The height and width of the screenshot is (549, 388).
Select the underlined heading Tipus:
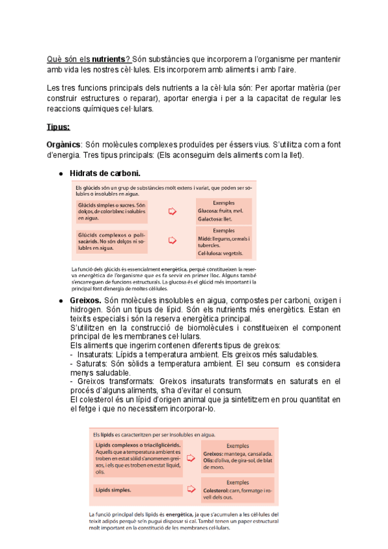coord(59,127)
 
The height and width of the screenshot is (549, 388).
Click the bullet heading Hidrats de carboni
coord(105,173)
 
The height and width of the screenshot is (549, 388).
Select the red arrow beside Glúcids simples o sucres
coord(173,211)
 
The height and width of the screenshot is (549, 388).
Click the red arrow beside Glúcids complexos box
coord(173,240)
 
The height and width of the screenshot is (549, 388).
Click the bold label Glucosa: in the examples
coord(208,211)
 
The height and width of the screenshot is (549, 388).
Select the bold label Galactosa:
coord(211,219)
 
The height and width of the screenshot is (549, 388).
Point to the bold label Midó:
coord(206,238)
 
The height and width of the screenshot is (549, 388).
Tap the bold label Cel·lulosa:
coord(212,254)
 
